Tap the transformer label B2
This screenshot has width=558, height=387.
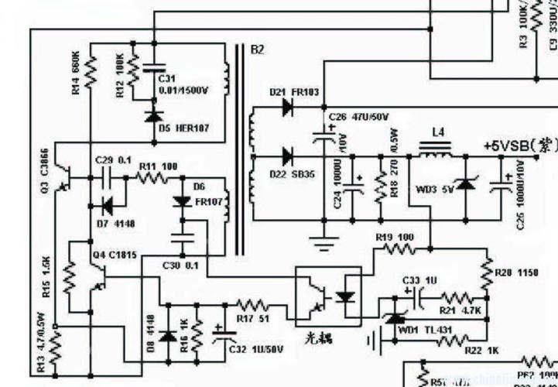(x=257, y=50)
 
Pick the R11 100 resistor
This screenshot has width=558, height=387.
(x=152, y=177)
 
